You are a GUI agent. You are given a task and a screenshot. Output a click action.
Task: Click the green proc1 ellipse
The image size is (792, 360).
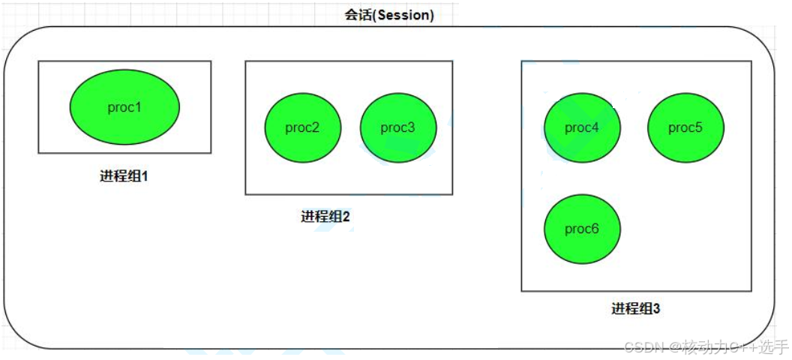tap(124, 107)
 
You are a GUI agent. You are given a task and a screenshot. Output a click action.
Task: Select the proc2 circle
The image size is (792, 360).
tap(303, 127)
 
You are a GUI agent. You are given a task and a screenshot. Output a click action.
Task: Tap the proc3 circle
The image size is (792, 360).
tap(398, 127)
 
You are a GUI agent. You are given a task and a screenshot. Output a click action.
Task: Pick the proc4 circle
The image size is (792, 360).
tap(583, 127)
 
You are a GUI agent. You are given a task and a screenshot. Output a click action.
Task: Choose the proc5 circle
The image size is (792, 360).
tap(686, 127)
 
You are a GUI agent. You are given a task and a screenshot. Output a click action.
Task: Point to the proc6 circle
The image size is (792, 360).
tap(583, 229)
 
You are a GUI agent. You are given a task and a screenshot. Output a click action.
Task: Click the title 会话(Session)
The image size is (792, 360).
tap(389, 15)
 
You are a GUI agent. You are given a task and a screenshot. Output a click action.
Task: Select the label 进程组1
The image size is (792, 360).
tap(124, 177)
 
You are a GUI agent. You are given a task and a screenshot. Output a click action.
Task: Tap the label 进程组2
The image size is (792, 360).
tap(325, 217)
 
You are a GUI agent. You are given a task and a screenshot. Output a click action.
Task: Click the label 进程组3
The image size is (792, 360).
tap(636, 308)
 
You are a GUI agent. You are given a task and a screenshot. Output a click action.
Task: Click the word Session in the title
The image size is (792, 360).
tap(403, 15)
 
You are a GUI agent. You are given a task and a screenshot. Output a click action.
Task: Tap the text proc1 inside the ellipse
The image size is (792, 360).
tap(124, 108)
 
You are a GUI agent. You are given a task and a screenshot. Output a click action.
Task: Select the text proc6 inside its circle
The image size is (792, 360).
tap(582, 229)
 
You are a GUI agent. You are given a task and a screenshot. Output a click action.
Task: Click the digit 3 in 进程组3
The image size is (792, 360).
tap(657, 308)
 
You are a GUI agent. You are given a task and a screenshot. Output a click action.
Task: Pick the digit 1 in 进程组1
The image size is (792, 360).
tap(145, 177)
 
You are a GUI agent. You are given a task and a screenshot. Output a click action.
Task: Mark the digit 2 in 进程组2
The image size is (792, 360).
tap(346, 217)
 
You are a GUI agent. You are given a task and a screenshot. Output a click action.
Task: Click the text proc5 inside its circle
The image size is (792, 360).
tap(685, 128)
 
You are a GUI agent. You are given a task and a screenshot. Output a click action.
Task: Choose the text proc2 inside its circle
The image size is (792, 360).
tap(302, 128)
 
